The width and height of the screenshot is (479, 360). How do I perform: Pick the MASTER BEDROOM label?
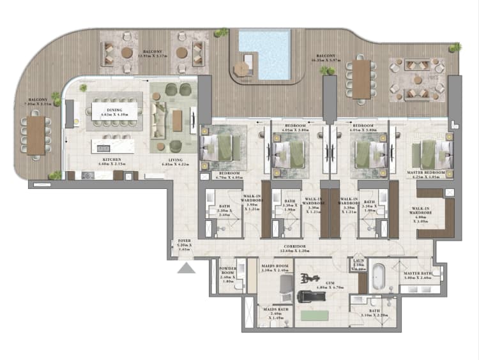pos(426,172)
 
